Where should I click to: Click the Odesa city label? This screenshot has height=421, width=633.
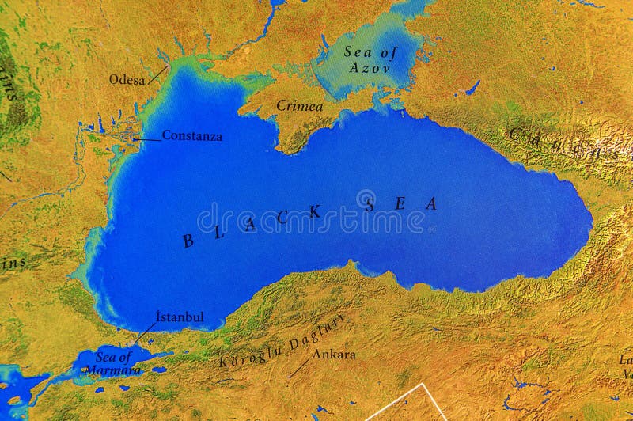127,79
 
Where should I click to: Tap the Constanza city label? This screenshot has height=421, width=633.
191,135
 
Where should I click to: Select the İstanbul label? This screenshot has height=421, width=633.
180,317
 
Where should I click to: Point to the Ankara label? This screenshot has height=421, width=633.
333,355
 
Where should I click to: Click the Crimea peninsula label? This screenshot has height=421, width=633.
299,105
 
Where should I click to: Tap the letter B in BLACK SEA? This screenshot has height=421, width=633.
188,241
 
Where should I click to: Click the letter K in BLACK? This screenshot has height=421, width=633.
316,211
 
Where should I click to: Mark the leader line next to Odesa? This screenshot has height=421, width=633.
158,75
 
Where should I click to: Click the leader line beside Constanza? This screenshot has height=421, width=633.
147,138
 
